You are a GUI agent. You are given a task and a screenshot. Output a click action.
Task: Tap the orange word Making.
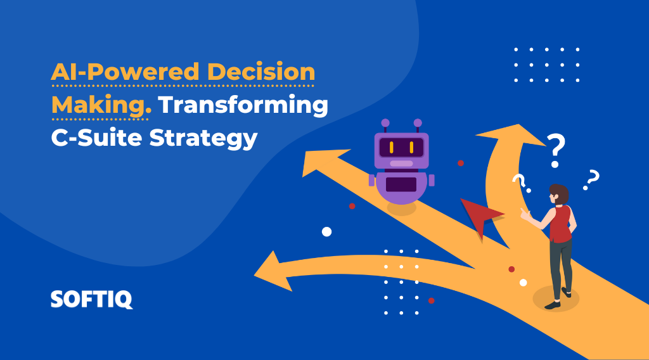click(x=101, y=105)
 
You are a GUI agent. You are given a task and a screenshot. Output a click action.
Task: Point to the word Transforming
click(x=243, y=105)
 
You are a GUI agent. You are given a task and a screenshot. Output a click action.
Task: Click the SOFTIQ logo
click(x=92, y=299)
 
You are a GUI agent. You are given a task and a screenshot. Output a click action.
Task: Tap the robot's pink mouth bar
click(x=401, y=164)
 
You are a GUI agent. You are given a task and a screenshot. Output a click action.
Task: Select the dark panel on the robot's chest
click(x=401, y=184)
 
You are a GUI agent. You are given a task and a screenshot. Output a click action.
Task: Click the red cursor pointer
click(x=479, y=215)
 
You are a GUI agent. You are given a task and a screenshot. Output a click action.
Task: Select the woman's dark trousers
click(x=560, y=266)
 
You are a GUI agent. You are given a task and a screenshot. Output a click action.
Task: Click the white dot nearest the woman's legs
click(x=523, y=283)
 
